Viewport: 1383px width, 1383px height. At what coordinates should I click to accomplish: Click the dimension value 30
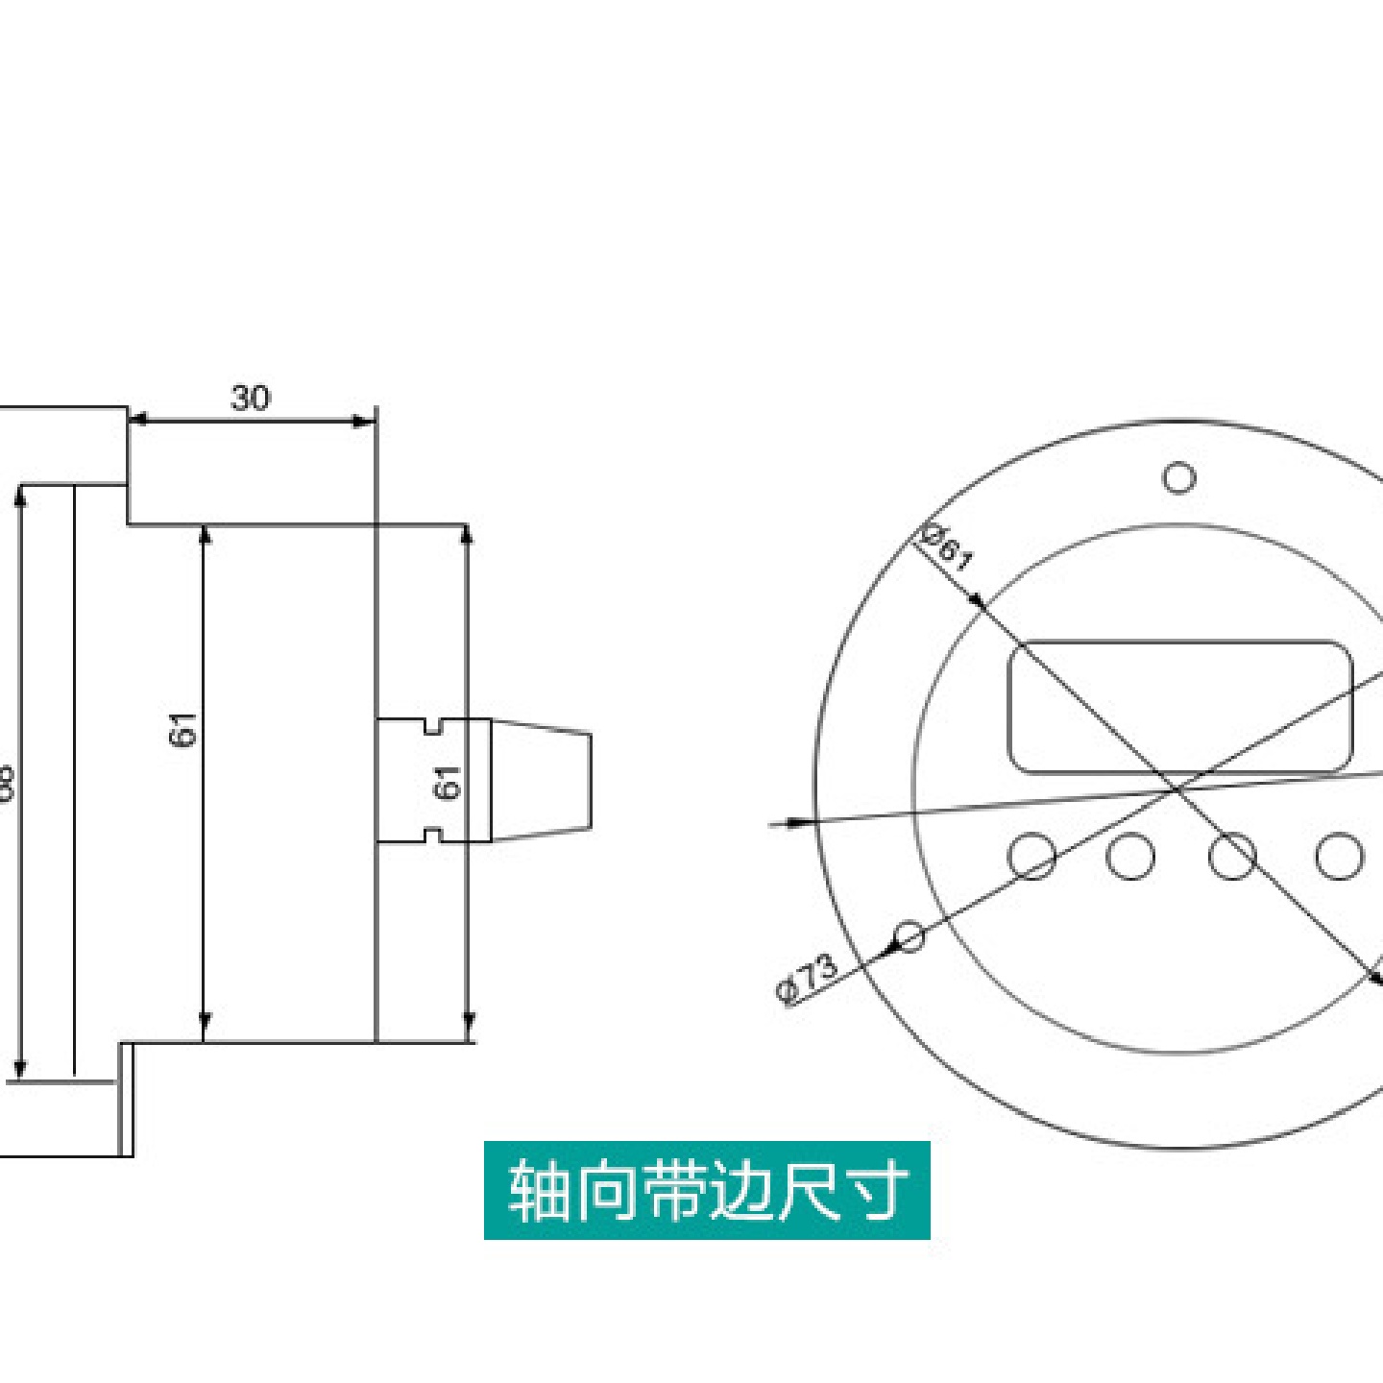pos(250,398)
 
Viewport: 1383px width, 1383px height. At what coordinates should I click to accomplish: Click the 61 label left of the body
pos(182,729)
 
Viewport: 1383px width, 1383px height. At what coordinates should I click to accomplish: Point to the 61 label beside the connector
pos(448,782)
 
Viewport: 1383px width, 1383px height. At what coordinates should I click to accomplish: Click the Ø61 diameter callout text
pos(947,547)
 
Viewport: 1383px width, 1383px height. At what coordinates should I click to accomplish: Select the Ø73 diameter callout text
pos(807,978)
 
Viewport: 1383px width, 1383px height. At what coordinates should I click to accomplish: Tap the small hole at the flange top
pos(1178,476)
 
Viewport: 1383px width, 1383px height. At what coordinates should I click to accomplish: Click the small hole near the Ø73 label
pos(909,934)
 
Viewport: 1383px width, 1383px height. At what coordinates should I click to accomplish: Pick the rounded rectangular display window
pos(1179,707)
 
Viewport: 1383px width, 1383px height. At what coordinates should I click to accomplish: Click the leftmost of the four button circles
pos(1032,855)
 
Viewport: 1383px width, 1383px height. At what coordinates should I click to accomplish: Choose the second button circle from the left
pos(1130,855)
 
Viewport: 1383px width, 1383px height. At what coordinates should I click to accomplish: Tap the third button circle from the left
pos(1232,855)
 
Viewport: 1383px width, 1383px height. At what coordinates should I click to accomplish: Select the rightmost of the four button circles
pos(1339,855)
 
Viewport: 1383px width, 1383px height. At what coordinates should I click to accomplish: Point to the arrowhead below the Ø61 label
pos(976,601)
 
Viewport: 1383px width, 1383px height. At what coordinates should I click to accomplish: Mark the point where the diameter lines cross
pos(1177,789)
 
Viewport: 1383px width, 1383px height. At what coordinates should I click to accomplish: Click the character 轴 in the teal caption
pos(538,1191)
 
